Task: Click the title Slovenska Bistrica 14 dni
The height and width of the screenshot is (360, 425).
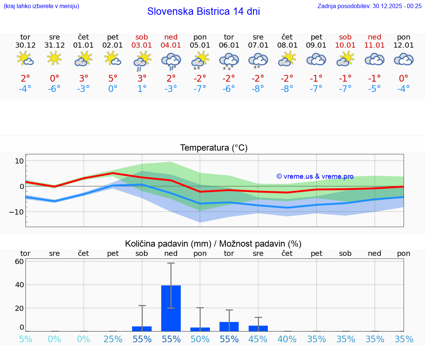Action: (x=203, y=11)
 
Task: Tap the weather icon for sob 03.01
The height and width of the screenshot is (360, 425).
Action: (x=142, y=61)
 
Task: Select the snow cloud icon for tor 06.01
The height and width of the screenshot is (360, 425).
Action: (x=229, y=61)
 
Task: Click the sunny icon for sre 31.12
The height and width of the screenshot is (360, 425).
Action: (x=54, y=58)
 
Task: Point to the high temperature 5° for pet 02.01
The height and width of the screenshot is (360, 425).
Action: (x=113, y=78)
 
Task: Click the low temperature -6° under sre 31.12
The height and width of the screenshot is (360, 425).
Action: (x=54, y=89)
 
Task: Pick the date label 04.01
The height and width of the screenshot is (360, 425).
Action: (x=171, y=45)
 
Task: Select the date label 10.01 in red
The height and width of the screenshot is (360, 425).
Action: (x=346, y=45)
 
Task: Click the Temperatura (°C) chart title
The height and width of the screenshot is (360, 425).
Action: (x=214, y=148)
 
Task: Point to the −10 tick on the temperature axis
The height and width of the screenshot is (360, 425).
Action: (x=16, y=212)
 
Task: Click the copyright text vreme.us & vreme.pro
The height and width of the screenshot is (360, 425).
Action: (x=315, y=176)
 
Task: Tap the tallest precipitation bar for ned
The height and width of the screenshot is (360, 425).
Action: (x=171, y=308)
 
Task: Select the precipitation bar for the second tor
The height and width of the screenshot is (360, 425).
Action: (x=229, y=326)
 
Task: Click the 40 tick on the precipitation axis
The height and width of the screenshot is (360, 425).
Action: (x=19, y=285)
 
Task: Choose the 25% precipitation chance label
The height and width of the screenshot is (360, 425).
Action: (x=113, y=339)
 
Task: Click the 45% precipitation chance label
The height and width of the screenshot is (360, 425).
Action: (x=258, y=339)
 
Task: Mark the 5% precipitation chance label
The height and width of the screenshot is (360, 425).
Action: (x=25, y=339)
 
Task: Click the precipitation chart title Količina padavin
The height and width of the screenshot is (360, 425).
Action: (x=213, y=244)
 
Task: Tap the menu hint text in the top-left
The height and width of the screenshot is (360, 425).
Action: (x=41, y=6)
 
